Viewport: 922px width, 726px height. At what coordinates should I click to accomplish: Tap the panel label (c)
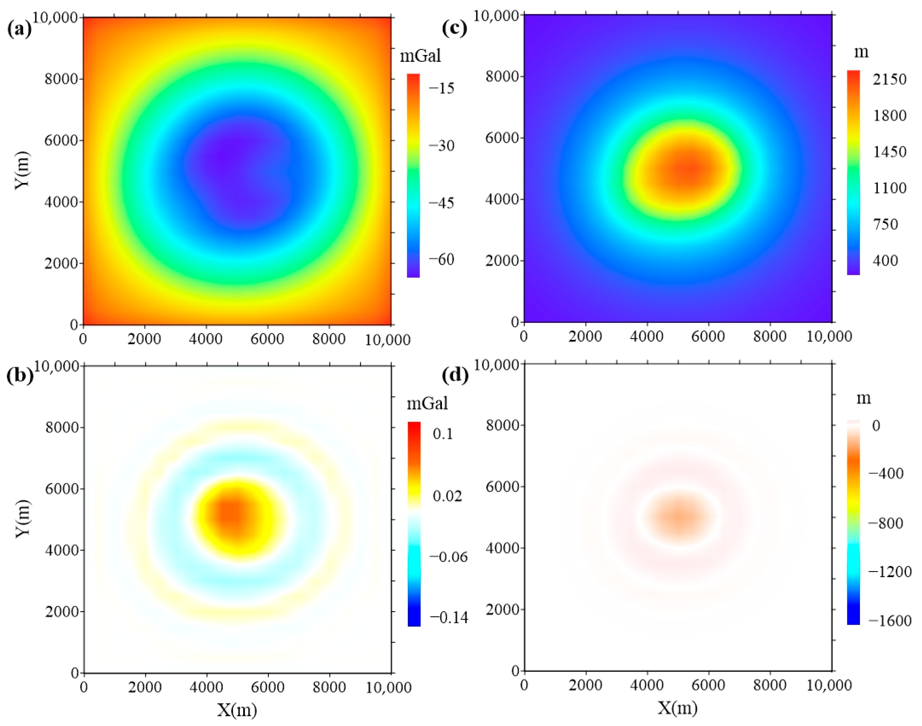(454, 28)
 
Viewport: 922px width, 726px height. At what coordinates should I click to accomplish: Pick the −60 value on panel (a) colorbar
(441, 259)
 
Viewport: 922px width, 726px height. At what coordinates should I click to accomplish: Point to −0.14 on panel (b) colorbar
(449, 618)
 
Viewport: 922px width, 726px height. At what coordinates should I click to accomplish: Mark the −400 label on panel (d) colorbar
(886, 474)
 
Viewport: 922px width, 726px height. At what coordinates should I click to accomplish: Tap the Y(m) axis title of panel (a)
(22, 170)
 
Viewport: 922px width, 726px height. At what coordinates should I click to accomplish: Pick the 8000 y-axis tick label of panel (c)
(502, 76)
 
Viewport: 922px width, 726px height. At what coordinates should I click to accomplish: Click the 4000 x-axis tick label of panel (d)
(647, 685)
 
